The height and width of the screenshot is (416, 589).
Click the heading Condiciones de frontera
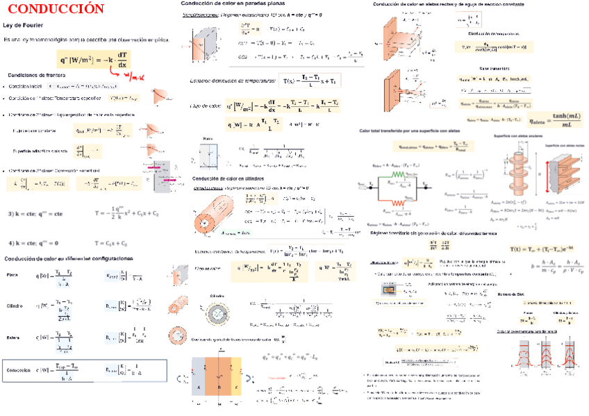click(37, 74)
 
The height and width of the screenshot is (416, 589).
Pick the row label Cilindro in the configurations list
click(15, 306)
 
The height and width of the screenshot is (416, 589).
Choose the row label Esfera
click(14, 338)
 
